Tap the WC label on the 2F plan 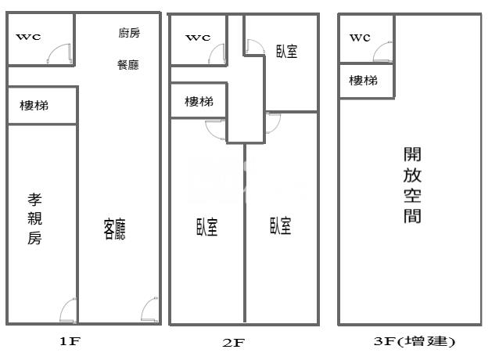coord(198,37)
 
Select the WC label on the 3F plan coord(360,37)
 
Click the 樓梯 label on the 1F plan coord(34,105)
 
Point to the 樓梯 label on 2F coord(199,102)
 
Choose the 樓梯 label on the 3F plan coord(363,81)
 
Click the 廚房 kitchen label coord(129,33)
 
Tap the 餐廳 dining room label coord(128,65)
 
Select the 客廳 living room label coord(115,229)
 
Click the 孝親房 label coord(34,219)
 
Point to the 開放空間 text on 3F coord(413,185)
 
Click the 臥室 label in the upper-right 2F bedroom coord(286,52)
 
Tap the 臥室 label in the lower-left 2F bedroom coord(206,227)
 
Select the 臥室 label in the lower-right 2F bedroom coord(281,227)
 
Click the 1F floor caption coord(70,341)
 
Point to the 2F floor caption coord(234,342)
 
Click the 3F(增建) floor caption coord(415,341)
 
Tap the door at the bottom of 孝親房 coord(68,310)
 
